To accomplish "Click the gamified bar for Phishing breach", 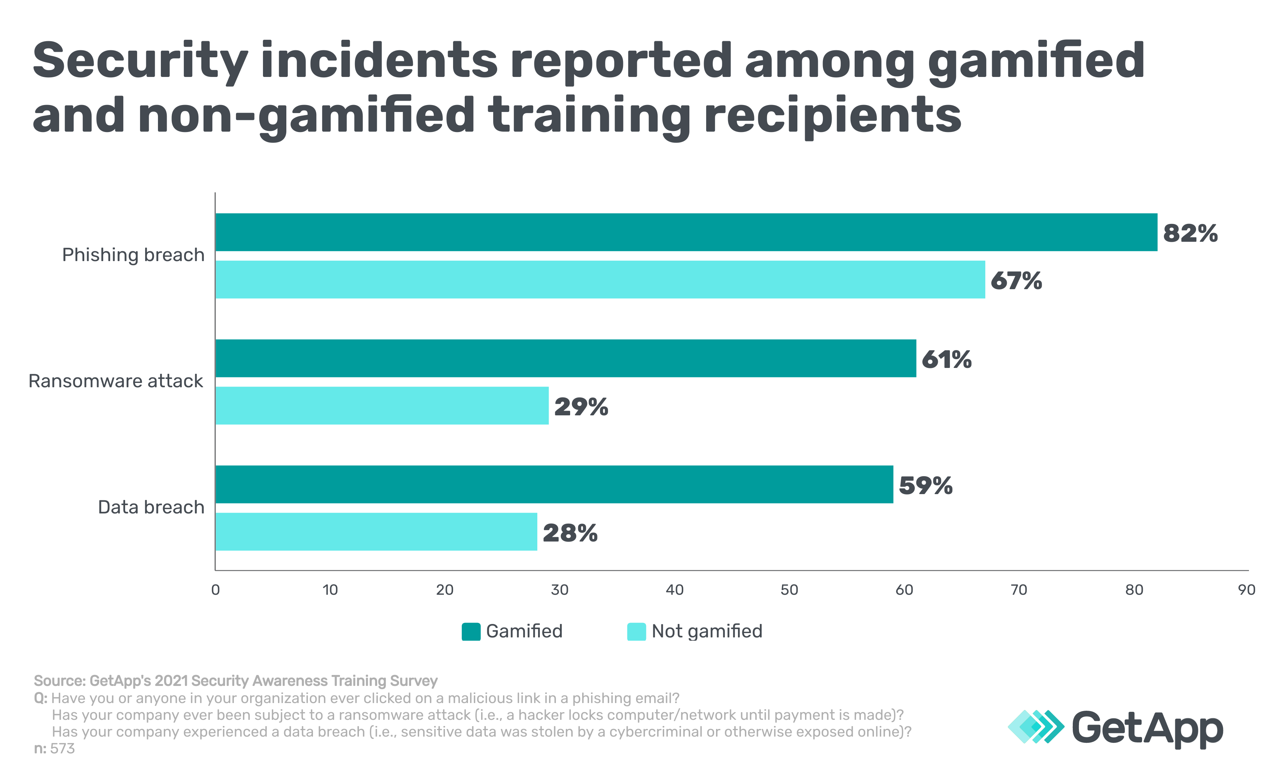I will [x=686, y=232].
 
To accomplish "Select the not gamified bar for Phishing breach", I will [x=600, y=280].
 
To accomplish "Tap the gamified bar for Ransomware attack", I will [x=565, y=358].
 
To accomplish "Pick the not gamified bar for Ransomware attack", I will [x=382, y=405].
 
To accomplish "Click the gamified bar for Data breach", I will [x=554, y=484].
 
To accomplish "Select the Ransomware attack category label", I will [x=116, y=381].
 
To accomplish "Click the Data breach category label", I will [x=151, y=507].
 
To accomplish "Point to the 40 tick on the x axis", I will [x=674, y=590].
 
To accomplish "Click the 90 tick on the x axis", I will [x=1246, y=590].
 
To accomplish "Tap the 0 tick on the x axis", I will [x=215, y=590].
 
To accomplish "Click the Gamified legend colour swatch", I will [x=471, y=632].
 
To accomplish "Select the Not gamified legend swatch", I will [x=636, y=632].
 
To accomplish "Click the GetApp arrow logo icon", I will [x=1035, y=726].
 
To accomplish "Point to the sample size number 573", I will [x=62, y=749].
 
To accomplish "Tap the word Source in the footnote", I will [x=59, y=681].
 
